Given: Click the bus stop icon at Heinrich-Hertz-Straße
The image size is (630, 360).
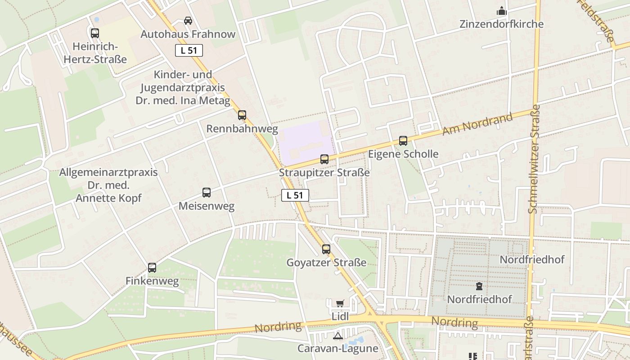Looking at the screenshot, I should (94, 33).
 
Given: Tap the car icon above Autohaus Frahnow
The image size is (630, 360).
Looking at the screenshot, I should (188, 21).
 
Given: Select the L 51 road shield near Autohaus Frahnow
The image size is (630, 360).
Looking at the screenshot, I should (189, 50).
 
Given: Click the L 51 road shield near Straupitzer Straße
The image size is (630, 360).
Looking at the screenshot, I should (295, 195).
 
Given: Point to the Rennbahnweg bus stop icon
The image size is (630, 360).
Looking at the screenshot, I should (242, 115).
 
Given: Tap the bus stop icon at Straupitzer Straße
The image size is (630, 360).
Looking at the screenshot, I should (324, 159).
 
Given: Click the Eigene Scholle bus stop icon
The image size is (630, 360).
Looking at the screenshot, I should (403, 141).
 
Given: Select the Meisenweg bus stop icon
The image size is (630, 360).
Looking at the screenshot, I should (207, 193).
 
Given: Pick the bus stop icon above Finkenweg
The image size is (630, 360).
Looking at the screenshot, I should (152, 268).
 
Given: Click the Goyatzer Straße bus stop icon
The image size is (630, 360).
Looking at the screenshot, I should (326, 249).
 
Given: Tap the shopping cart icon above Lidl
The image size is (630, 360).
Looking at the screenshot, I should (340, 304).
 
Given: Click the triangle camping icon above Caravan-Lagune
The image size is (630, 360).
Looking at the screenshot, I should (338, 336).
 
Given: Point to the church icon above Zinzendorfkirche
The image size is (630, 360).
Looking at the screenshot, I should (501, 11).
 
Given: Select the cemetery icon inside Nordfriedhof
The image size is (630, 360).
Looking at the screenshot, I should (479, 286).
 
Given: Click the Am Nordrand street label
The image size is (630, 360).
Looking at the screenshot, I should (477, 124).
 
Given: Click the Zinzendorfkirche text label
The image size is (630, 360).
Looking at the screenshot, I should (501, 24).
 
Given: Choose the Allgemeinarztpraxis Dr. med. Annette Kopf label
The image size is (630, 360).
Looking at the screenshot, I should (108, 185).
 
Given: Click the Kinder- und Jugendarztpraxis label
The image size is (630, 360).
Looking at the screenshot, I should (183, 87).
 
